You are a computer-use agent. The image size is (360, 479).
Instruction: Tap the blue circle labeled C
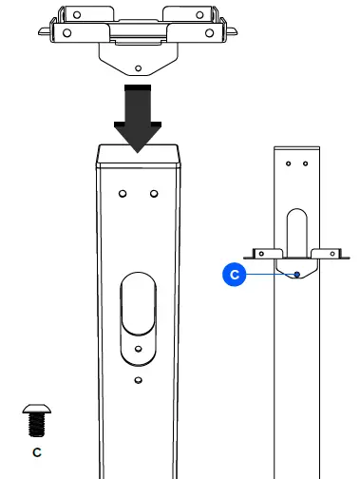pyautogui.click(x=234, y=275)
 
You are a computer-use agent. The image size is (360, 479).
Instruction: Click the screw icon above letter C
pyautogui.click(x=36, y=417)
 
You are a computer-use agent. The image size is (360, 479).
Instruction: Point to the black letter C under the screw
pyautogui.click(x=36, y=451)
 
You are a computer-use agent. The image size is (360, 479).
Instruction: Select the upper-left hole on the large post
pyautogui.click(x=123, y=194)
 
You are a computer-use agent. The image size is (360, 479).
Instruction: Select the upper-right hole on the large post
pyautogui.click(x=153, y=194)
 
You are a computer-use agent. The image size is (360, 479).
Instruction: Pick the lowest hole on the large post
pyautogui.click(x=138, y=379)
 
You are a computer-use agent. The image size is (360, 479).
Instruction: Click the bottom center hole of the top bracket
pyautogui.click(x=139, y=68)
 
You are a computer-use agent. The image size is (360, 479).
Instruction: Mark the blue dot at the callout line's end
pyautogui.click(x=297, y=274)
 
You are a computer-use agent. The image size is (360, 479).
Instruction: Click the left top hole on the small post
pyautogui.click(x=291, y=163)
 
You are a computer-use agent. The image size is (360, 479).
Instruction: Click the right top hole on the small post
pyautogui.click(x=304, y=163)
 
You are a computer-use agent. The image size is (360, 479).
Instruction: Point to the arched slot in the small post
pyautogui.click(x=297, y=233)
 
